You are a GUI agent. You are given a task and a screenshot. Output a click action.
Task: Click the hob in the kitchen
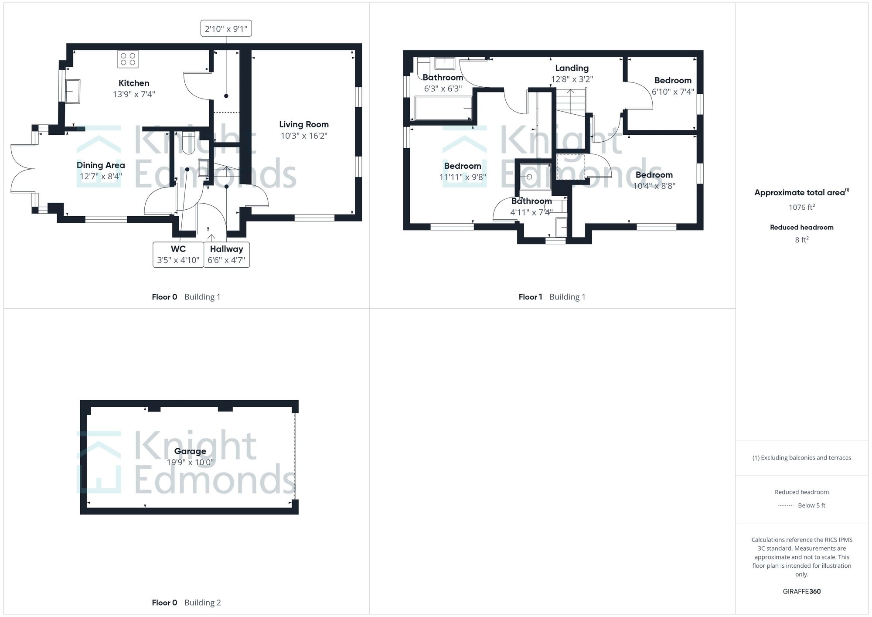(128, 59)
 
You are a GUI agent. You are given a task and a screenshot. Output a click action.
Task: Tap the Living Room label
(304, 125)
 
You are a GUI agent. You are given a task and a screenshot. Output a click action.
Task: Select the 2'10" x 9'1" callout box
(226, 29)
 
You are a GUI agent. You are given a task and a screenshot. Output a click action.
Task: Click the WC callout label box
(178, 255)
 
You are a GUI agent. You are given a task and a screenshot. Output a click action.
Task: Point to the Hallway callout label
(226, 255)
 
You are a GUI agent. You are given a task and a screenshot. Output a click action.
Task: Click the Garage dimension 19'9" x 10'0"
(190, 462)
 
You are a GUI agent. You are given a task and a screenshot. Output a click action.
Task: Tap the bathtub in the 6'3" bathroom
(443, 108)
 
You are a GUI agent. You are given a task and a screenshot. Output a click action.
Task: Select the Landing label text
(572, 68)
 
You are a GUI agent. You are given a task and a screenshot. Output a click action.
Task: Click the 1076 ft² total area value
(801, 207)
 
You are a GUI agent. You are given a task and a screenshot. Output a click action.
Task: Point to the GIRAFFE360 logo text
(801, 591)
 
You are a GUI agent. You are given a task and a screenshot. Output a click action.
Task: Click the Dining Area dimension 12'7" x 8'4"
(101, 176)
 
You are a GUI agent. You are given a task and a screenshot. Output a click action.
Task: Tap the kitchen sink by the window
(73, 91)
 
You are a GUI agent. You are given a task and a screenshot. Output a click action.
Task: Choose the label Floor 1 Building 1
(552, 297)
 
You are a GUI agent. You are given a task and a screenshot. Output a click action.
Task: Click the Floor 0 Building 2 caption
(186, 603)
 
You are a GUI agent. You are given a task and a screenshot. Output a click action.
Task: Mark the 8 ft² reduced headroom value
(801, 240)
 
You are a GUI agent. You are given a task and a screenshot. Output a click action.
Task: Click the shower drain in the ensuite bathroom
(529, 177)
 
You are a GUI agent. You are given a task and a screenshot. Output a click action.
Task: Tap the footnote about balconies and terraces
(801, 458)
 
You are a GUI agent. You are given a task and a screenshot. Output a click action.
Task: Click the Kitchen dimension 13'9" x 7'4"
(134, 94)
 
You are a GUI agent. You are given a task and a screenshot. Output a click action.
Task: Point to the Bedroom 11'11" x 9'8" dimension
(463, 177)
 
